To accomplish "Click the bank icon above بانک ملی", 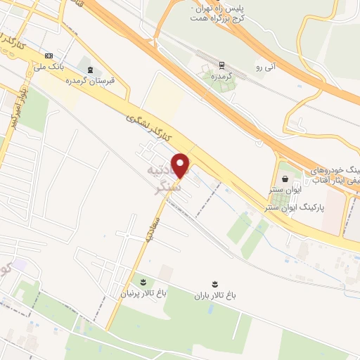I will coord(49,56).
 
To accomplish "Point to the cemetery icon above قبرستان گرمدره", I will coord(89,68).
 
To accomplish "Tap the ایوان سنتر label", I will coord(285,190).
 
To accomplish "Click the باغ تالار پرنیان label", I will coord(145,293).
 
